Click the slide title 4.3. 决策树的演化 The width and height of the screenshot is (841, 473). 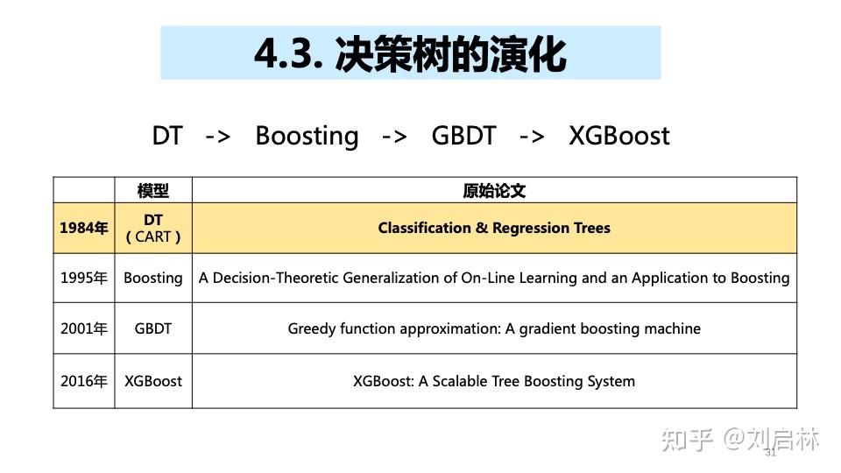(x=410, y=53)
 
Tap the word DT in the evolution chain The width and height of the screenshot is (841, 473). (x=167, y=136)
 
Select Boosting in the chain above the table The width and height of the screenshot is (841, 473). (x=307, y=136)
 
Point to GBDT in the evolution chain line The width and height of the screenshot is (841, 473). (x=463, y=136)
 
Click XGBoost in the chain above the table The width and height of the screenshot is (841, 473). (x=618, y=136)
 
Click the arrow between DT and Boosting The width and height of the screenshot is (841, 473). (x=217, y=137)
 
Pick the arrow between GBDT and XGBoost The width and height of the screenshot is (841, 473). (x=532, y=137)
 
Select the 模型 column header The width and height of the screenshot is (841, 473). (x=153, y=191)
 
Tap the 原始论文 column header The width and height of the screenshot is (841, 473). (x=494, y=191)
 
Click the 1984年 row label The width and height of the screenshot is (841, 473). (x=84, y=229)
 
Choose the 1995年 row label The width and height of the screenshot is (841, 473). (x=84, y=279)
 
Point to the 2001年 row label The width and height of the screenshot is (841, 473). (x=84, y=329)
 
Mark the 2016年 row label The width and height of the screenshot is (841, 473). (x=84, y=381)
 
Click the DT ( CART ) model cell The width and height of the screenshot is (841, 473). (x=153, y=229)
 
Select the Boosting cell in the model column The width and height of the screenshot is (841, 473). (x=153, y=279)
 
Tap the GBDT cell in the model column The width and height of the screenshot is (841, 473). (x=153, y=329)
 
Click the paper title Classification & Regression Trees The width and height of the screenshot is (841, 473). (x=494, y=229)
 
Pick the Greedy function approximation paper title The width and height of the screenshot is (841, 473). (x=494, y=329)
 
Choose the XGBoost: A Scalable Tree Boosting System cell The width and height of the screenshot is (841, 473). (x=494, y=381)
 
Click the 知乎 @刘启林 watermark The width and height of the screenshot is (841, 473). (x=740, y=439)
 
